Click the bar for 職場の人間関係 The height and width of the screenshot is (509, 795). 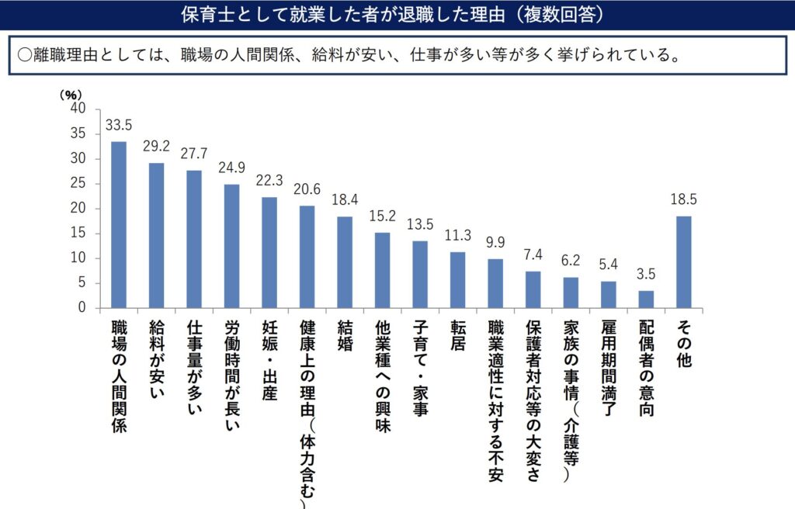pos(119,224)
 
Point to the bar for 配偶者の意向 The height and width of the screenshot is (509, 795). pos(646,299)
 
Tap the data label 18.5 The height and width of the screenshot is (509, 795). pos(683,200)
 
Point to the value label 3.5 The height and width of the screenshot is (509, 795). pos(646,275)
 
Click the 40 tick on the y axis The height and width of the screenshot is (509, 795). pos(77,109)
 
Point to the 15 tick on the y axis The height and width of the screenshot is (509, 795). pos(78,234)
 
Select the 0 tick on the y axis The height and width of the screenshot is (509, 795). pos(81,308)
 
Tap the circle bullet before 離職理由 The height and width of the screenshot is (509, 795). pos(24,54)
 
